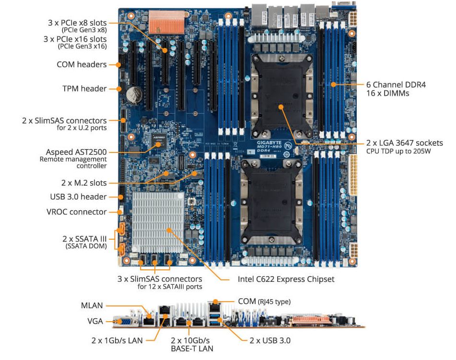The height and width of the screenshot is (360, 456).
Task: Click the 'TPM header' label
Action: (84, 88)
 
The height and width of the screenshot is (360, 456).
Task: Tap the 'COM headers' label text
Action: (82, 64)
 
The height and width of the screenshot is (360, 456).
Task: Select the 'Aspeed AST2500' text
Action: (76, 152)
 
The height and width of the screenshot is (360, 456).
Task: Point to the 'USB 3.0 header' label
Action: (78, 197)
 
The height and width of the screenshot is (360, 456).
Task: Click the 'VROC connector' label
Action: (77, 212)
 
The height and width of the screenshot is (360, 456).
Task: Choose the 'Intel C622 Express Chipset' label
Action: (286, 279)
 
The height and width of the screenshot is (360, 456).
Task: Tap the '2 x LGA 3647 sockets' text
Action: (405, 143)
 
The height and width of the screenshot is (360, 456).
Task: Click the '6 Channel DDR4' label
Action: (396, 85)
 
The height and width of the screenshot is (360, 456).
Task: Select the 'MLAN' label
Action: (92, 305)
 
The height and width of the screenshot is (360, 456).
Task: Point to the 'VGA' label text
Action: (95, 321)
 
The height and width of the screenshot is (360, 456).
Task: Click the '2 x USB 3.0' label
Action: (270, 340)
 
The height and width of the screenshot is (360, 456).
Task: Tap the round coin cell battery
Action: (134, 94)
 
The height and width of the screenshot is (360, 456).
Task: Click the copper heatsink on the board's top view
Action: (167, 22)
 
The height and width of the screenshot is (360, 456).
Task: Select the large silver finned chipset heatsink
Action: (158, 222)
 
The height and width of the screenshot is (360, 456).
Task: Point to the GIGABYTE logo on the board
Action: (269, 142)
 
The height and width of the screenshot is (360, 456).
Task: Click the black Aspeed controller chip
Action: (159, 140)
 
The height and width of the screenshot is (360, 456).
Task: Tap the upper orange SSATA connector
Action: (121, 229)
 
